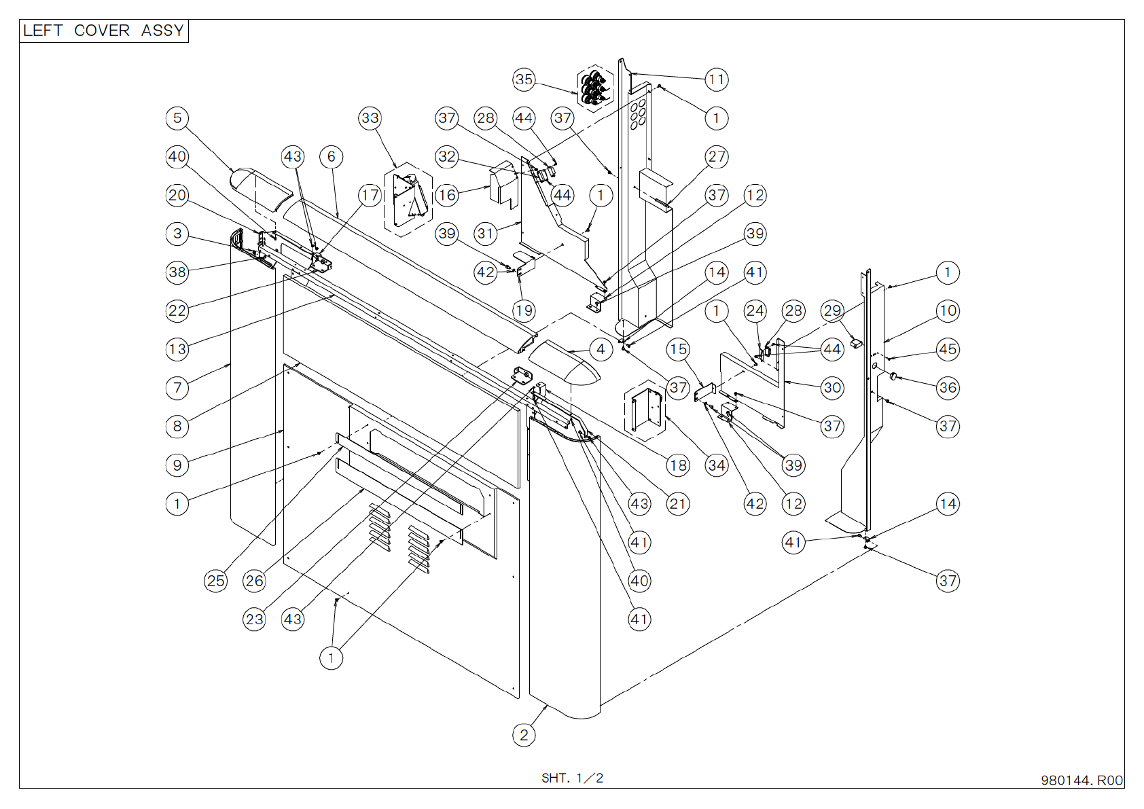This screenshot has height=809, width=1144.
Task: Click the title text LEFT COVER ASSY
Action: click(103, 31)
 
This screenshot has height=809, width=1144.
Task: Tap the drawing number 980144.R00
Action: click(1082, 780)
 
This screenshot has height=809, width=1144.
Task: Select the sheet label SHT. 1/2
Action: click(572, 778)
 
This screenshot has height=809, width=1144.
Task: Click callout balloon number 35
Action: click(524, 79)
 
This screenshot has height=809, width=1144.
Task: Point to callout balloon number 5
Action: click(177, 118)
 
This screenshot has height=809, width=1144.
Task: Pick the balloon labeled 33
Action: click(370, 118)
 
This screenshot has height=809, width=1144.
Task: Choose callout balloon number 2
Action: click(524, 735)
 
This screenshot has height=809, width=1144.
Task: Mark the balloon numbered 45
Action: click(948, 349)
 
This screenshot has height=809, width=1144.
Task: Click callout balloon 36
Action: click(948, 388)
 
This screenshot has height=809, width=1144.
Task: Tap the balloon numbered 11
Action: click(716, 79)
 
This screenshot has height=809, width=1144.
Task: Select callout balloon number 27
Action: click(716, 157)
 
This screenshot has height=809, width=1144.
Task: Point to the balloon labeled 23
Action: click(254, 619)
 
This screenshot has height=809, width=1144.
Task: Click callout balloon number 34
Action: click(716, 465)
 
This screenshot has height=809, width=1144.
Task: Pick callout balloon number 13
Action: click(177, 349)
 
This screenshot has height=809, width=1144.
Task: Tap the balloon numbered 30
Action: click(832, 388)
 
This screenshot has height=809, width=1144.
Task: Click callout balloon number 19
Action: click(524, 311)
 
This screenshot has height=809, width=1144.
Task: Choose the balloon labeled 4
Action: click(601, 349)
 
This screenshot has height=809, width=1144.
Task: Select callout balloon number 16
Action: click(447, 196)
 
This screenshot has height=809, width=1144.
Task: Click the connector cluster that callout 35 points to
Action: click(595, 87)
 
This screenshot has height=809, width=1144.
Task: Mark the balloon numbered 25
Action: click(216, 581)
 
